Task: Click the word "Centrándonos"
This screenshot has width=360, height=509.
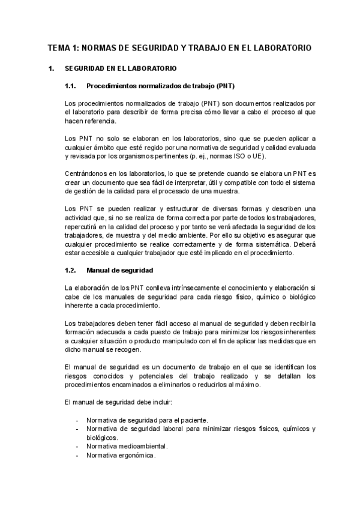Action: point(86,173)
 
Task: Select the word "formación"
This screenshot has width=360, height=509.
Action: point(82,332)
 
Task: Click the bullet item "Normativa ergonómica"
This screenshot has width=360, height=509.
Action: point(121,455)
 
